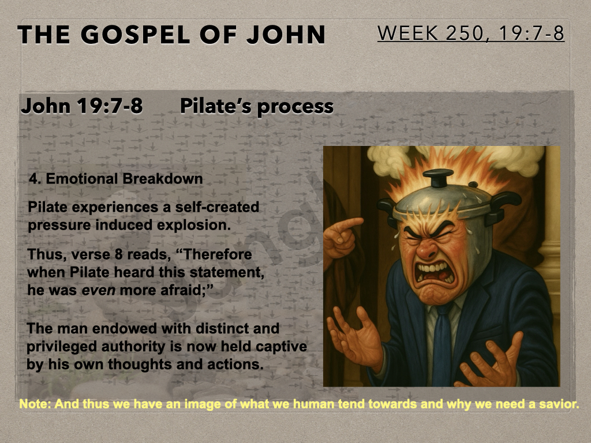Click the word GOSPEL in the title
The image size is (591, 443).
(x=134, y=35)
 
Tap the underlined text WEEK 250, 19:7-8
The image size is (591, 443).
(x=471, y=33)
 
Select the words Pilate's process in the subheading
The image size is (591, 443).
(x=257, y=106)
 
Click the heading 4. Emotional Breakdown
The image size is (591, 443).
(x=116, y=179)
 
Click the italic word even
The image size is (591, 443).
(x=98, y=290)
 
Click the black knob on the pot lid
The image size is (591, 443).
(x=438, y=178)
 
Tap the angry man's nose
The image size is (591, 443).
(x=428, y=249)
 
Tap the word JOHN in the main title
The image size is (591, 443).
(x=286, y=35)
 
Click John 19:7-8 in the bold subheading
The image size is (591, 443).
(x=82, y=106)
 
